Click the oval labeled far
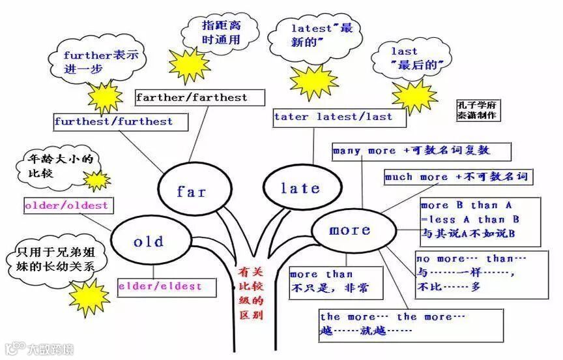click(x=192, y=191)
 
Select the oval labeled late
click(x=300, y=188)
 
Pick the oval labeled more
click(x=350, y=230)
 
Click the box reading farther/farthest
click(x=200, y=97)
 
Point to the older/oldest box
click(x=66, y=205)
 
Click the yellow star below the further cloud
click(x=105, y=97)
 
